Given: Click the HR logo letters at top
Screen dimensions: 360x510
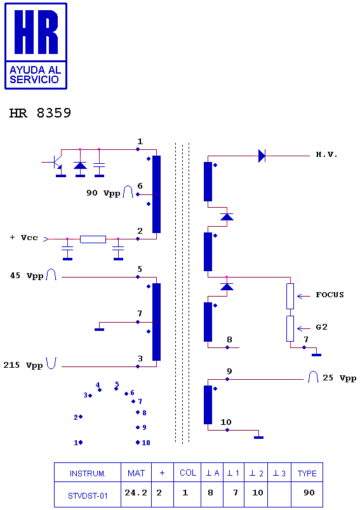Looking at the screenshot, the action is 36,32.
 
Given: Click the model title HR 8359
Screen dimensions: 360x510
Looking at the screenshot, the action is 40,113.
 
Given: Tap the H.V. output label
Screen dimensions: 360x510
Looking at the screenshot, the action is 326,154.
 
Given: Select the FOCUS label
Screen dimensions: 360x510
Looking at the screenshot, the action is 330,295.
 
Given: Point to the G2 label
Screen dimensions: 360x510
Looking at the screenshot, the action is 321,327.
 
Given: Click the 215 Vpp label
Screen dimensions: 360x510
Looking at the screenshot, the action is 23,365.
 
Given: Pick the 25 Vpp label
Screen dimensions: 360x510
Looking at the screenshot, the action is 339,378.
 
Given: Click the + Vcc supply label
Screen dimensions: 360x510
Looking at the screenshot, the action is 24,238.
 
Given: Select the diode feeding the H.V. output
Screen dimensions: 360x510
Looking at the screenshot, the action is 262,156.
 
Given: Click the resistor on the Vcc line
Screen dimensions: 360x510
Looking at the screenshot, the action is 93,239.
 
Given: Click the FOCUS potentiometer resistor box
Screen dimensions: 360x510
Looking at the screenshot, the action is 290,297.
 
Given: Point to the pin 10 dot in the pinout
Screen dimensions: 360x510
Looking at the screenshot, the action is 138,442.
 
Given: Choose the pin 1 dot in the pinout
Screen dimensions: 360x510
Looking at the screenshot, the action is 81,442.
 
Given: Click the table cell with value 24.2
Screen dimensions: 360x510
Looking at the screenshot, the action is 136,493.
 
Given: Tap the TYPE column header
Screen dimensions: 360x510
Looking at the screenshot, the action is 307,474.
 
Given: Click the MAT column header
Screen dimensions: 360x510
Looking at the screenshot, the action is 136,473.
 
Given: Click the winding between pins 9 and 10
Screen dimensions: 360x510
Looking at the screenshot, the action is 208,405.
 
